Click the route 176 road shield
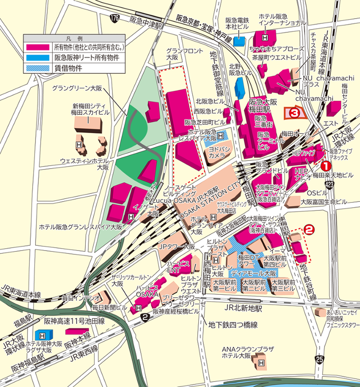click(x=114, y=18)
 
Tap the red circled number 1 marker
click(x=326, y=166)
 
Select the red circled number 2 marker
click(x=309, y=230)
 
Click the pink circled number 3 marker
click(x=295, y=112)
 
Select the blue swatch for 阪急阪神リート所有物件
click(x=38, y=57)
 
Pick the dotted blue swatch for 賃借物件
click(x=38, y=67)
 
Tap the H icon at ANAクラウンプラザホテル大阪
click(x=261, y=363)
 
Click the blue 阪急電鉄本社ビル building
click(x=240, y=41)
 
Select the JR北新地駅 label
click(x=244, y=308)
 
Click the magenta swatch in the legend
click(x=38, y=47)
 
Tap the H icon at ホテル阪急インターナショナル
click(x=266, y=31)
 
